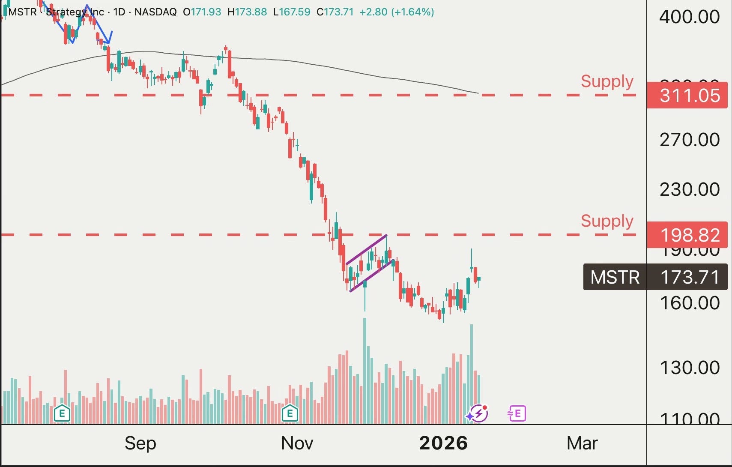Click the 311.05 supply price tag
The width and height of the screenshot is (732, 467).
point(687,95)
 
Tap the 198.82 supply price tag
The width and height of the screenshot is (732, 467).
point(687,235)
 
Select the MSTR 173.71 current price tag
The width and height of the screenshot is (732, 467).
point(655,277)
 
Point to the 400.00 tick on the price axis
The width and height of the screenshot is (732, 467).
point(689,17)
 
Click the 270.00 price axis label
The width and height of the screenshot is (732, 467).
point(689,140)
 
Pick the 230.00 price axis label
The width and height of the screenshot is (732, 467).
point(689,190)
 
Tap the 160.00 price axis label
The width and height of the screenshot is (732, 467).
point(689,303)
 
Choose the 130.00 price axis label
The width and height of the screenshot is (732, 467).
point(689,368)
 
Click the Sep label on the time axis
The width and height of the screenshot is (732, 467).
point(140,443)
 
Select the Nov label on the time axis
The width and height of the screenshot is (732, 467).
point(297,443)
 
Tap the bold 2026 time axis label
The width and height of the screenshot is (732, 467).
point(443,443)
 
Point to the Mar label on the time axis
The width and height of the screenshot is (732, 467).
point(582,443)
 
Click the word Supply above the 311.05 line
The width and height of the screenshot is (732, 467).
point(607,81)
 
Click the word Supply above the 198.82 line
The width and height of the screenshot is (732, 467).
point(607,221)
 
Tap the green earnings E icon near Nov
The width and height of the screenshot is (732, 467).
point(290,413)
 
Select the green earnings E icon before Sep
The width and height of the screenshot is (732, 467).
point(62,413)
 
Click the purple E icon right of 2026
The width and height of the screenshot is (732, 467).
point(517,413)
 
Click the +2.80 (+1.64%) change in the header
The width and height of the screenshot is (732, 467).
point(396,12)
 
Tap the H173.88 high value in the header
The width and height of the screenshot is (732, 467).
point(247,12)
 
